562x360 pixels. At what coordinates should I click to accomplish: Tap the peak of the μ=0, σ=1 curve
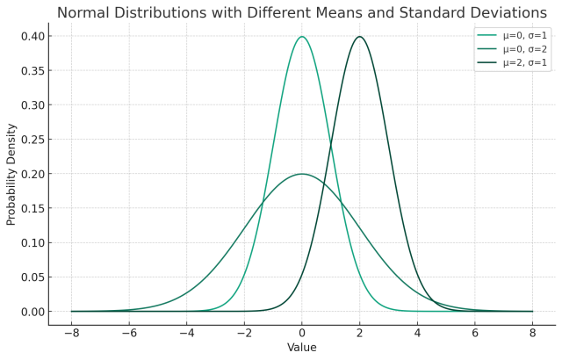302,37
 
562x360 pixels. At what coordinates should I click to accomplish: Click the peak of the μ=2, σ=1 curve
359,37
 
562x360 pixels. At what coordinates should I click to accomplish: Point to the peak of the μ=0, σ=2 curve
302,174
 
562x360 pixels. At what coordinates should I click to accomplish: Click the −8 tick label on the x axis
71,335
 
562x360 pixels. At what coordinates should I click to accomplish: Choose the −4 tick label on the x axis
186,335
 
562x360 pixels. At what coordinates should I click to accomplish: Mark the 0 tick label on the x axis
302,335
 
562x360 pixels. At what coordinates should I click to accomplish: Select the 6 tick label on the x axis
474,335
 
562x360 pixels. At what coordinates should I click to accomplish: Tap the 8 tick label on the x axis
532,335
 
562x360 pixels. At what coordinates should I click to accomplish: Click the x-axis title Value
302,349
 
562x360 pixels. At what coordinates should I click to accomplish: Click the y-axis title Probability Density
11,174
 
